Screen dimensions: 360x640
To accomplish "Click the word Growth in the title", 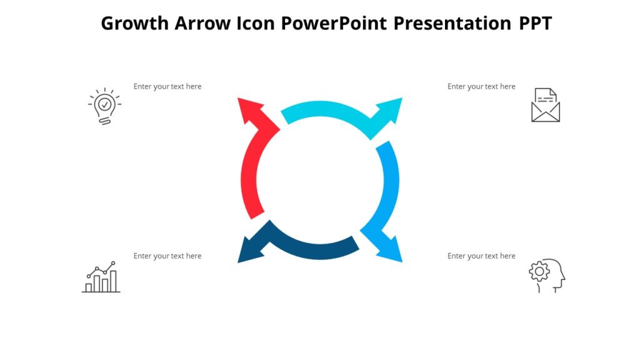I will pos(134,23).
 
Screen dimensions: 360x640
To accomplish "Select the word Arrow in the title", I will pos(204,23).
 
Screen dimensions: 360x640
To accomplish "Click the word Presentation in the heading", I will pos(452,23).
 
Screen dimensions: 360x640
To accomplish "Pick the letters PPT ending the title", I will pos(535,23).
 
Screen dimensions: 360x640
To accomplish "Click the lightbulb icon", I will pos(104,106).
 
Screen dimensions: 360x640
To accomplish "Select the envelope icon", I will pos(545,105).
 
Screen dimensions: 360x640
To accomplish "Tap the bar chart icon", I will pos(101,277).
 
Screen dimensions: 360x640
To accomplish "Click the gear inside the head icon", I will pos(539,271).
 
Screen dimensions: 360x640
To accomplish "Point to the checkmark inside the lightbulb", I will pos(104,104).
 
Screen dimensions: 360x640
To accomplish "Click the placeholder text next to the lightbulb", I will pos(167,86).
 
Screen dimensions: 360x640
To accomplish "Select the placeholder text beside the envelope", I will pos(481,86).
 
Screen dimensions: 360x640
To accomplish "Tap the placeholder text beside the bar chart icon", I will pos(167,256).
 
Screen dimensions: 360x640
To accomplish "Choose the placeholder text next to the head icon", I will pos(481,256).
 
